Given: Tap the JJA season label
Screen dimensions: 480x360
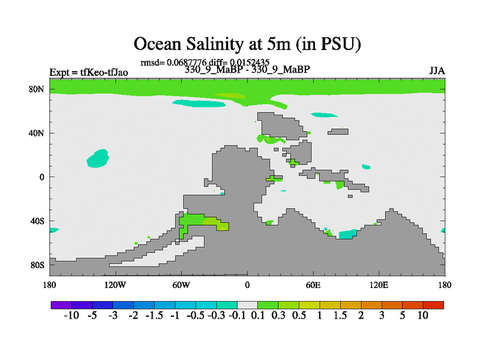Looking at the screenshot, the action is coord(437,71).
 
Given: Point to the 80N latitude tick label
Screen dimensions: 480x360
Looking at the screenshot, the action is coord(37,89).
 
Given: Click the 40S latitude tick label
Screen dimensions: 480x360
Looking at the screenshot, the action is coord(37,221).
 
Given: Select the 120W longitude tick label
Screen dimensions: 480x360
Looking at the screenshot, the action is coord(115,285).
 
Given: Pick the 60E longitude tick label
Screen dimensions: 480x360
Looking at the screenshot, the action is coord(313,285).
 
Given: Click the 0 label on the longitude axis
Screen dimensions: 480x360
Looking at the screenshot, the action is coord(247,285).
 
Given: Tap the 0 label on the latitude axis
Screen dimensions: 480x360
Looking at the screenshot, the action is coord(41,177).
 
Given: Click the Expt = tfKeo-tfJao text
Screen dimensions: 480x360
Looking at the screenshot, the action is coord(89,73).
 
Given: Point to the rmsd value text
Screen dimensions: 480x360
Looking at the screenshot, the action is coord(173,63).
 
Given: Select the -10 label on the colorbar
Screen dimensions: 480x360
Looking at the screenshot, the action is coord(71,316).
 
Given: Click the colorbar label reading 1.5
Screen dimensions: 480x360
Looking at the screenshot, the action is coord(340,316).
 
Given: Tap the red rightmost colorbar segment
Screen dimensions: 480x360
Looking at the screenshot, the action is coord(433,305).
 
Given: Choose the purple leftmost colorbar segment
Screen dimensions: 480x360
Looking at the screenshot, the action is coord(61,305).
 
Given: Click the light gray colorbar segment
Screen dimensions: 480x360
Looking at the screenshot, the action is coord(247,305).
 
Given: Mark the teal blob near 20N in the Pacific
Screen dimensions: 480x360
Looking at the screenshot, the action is coord(98,158).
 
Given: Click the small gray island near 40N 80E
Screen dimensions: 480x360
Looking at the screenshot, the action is coord(338,131).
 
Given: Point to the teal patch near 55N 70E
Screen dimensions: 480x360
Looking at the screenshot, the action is coord(324,115).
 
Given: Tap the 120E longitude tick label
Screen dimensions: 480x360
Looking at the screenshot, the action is coord(379,285).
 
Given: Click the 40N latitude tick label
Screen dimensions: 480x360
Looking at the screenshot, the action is coord(37,133).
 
